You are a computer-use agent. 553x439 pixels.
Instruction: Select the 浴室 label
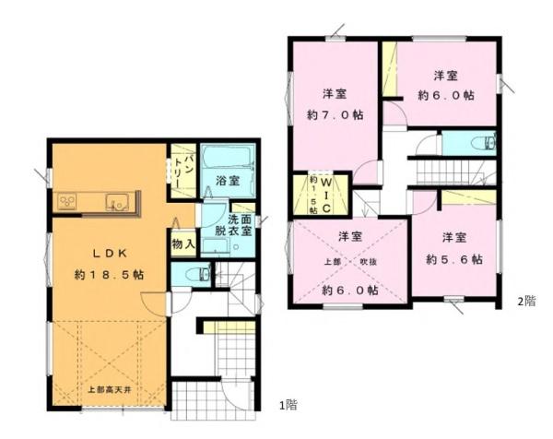tap(228, 181)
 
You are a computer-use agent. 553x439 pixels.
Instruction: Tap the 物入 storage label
tap(182, 244)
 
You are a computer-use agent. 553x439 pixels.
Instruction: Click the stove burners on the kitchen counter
tap(68, 201)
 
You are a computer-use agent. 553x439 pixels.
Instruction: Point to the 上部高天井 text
tap(109, 388)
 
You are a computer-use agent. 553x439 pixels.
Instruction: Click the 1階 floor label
tap(288, 404)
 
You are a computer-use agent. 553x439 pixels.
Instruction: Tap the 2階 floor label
tap(526, 300)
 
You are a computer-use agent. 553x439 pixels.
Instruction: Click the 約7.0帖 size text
tap(335, 117)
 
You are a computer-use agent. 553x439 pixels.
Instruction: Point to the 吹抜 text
tap(367, 261)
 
